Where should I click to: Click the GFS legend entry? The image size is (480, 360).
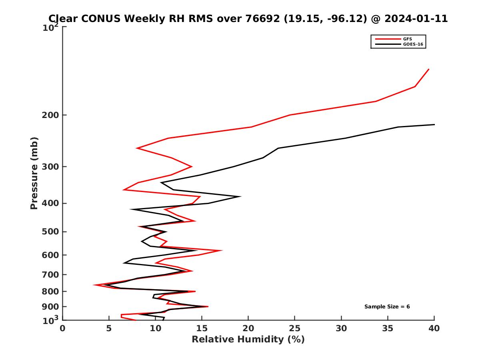408,39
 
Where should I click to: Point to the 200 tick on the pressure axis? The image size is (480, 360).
50,115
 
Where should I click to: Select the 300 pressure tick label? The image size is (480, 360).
50,167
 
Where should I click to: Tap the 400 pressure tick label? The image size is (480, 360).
50,203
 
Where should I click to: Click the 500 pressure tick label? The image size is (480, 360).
50,232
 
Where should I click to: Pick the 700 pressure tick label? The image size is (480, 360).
50,275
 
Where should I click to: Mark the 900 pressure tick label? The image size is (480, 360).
50,307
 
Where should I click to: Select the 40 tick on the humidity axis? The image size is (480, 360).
434,328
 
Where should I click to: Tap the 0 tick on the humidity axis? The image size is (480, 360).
63,328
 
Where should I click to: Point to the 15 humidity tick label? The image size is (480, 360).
202,328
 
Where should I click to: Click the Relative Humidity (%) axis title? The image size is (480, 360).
248,340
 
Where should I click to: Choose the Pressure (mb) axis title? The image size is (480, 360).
34,173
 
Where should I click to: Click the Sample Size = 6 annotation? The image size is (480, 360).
387,307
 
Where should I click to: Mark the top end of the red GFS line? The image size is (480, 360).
429,69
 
